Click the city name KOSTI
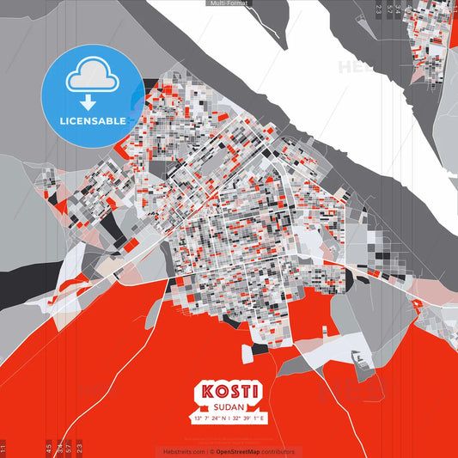[229, 392]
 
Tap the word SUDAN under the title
[229, 406]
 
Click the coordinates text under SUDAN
[229, 418]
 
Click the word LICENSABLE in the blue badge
[93, 120]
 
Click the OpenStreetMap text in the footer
[243, 451]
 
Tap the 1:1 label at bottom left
[3, 448]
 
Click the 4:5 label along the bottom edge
[48, 448]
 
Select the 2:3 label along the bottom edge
[79, 448]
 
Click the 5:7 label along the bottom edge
[69, 448]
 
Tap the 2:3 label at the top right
[379, 9]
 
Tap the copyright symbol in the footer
[211, 451]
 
